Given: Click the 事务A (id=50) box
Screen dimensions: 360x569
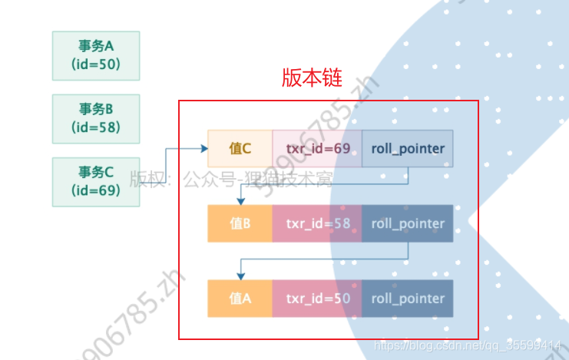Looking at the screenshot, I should coord(96,55).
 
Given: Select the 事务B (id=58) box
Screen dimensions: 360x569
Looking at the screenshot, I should coord(96,118).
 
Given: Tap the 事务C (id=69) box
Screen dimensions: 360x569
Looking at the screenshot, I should coord(96,181).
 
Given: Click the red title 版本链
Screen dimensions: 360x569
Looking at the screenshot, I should coord(312,78).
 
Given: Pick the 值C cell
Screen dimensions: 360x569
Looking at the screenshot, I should coord(240,149).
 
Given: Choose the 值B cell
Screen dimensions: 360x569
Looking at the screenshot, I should coord(240,224).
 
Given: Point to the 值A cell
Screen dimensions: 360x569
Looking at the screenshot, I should coord(240,299).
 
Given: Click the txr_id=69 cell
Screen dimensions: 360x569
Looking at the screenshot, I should coord(317,149).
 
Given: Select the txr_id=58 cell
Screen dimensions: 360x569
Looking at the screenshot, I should coord(317,224).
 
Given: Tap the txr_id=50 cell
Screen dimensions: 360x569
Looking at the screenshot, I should coord(317,299).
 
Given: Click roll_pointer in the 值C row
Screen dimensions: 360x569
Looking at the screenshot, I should coord(407,149).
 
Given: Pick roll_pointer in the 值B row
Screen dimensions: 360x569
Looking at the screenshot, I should coord(407,224).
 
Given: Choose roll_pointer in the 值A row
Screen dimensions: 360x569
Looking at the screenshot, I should coord(407,299).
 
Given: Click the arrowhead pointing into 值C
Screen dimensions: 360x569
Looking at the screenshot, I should coord(203,149).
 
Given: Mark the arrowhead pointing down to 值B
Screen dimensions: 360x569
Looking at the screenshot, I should coord(240,201).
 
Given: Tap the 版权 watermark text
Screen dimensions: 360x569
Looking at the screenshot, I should coord(144,180).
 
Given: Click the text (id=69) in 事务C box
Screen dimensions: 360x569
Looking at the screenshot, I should coord(96,190).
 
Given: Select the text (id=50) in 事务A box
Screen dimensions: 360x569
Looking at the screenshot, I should coord(96,64).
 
